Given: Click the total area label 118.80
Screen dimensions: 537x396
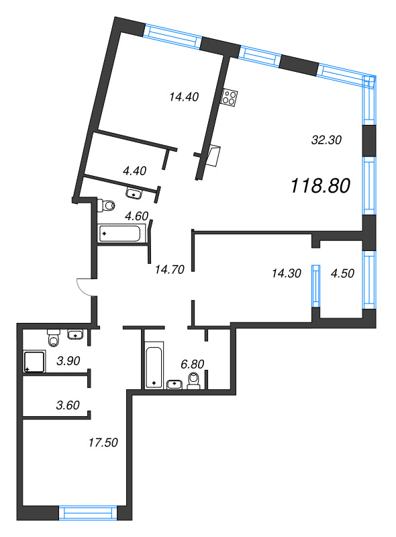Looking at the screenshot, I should (321, 186).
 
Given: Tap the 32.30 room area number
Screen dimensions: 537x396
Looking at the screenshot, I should (327, 140).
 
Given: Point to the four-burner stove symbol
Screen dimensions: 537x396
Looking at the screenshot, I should (230, 97).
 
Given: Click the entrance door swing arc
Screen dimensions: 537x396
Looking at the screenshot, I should (84, 287).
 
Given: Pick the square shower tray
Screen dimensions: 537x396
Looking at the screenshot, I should (34, 362).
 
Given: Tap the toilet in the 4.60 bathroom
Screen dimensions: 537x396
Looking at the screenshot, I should (107, 204).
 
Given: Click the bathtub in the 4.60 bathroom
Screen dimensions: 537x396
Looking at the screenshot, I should (121, 234).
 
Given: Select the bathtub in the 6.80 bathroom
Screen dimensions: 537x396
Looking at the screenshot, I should (154, 365).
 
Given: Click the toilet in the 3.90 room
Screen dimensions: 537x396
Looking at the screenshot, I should (54, 334).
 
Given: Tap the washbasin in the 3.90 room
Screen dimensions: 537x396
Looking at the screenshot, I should (76, 334).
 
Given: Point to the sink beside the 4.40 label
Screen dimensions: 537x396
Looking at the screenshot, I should (135, 193).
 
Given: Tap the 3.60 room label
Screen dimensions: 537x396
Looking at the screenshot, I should (68, 404).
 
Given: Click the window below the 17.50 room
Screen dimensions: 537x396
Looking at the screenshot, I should (89, 514).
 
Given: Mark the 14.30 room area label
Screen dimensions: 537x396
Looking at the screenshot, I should (286, 273).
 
